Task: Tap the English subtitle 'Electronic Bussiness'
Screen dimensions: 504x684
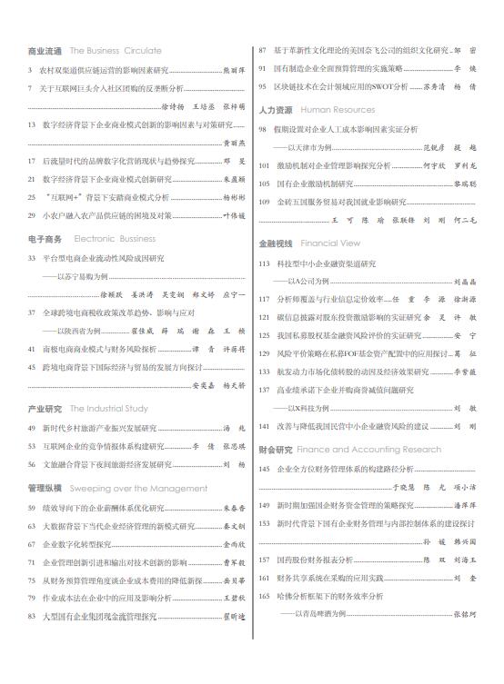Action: point(115,239)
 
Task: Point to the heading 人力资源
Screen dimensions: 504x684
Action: point(277,109)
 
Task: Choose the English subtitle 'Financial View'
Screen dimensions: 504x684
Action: point(330,243)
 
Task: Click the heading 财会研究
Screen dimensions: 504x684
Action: point(276,450)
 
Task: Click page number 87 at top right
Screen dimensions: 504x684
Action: point(264,51)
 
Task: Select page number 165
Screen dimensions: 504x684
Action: point(266,596)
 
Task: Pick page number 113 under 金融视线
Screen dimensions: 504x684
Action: point(266,263)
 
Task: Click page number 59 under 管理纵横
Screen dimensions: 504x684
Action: point(33,508)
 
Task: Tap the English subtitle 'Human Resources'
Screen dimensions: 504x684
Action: point(338,109)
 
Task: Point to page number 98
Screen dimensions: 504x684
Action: point(264,129)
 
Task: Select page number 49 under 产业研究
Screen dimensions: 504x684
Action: point(33,428)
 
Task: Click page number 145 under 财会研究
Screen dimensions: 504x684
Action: point(266,469)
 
